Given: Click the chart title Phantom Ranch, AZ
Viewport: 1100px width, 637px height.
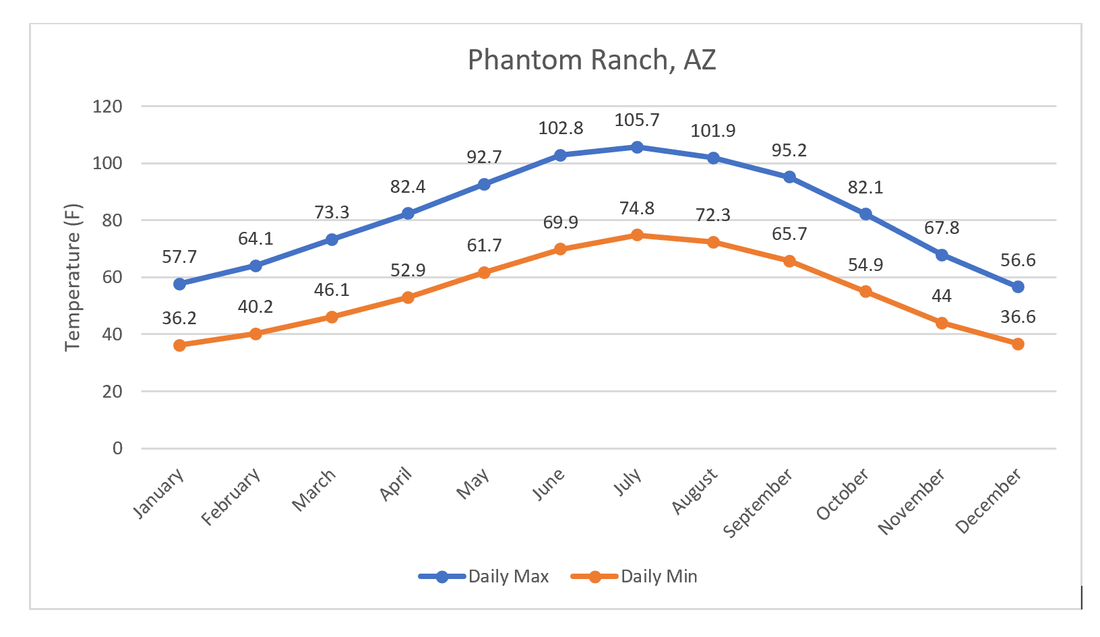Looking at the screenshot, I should point(591,60).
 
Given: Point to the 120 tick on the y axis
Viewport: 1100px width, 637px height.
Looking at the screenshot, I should point(108,107).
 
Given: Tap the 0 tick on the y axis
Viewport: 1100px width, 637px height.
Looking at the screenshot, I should point(117,448).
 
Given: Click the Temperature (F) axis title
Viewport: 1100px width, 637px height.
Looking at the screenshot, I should point(72,277).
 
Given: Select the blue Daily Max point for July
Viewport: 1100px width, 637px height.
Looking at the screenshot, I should point(637,147).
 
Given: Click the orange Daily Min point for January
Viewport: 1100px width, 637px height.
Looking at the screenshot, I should point(179,345).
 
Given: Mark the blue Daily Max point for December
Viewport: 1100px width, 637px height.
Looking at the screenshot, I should point(1018,287).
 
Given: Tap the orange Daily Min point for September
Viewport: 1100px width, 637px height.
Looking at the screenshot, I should point(789,261).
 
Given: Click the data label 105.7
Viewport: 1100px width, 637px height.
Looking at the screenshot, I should point(637,120).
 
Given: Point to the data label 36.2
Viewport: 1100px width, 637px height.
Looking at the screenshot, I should point(179,318).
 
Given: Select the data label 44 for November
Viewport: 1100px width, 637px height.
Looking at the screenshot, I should point(942,296).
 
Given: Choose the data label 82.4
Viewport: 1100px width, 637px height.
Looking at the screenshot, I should point(408,187).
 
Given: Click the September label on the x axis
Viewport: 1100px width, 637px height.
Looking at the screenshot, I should point(759,503).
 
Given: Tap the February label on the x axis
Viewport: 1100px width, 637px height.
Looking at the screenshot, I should point(232,497).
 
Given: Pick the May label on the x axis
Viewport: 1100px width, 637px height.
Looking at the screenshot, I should point(473,484).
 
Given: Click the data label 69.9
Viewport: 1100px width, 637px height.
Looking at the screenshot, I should point(560,222).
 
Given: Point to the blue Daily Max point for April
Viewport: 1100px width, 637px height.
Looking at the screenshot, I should point(408,214).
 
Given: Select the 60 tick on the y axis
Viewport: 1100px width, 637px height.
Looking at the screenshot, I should point(113,277).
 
